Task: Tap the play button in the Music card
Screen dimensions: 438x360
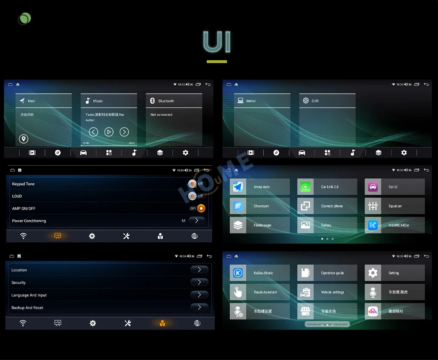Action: [109, 132]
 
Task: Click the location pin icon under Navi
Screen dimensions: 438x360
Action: [24, 139]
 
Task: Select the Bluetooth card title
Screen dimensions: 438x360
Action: [166, 101]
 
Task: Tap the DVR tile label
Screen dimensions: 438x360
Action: [315, 101]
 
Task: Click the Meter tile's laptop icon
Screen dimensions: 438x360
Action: [240, 101]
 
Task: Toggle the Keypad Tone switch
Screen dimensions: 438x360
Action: [193, 184]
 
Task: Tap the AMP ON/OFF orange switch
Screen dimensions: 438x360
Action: [201, 208]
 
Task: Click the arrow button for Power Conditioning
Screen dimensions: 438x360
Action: [196, 220]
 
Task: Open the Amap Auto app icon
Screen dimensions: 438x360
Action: [238, 187]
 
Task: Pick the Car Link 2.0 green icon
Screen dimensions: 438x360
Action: [305, 187]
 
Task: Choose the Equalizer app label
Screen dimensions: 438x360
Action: [395, 206]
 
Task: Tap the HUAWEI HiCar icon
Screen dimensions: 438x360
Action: [373, 225]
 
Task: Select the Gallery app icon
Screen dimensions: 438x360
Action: [305, 225]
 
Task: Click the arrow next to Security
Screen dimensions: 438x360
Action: [199, 282]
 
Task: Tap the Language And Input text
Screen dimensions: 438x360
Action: [29, 295]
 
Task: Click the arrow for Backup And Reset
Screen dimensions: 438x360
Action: [199, 307]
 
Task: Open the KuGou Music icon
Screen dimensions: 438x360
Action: [238, 273]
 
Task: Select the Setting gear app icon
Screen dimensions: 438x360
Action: [373, 273]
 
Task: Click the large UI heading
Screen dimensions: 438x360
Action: [217, 42]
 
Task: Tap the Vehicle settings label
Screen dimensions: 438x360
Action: [333, 292]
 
